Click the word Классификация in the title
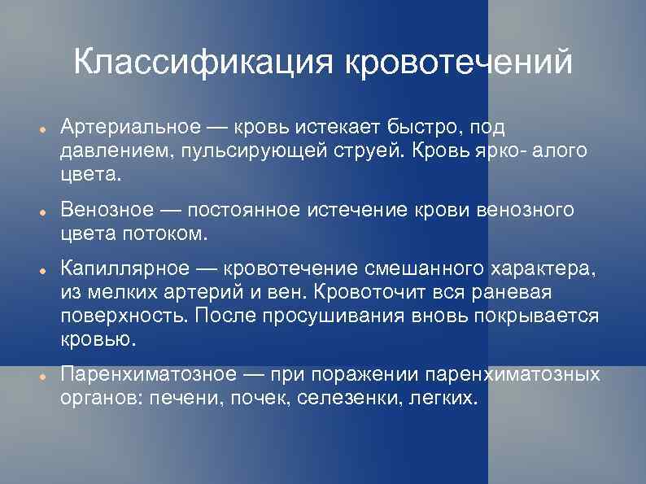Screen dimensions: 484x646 203,63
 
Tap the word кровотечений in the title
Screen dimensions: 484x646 457,63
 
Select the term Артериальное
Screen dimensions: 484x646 129,128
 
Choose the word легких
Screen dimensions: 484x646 440,399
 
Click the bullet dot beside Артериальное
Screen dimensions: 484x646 41,129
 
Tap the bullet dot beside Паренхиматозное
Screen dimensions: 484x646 41,376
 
